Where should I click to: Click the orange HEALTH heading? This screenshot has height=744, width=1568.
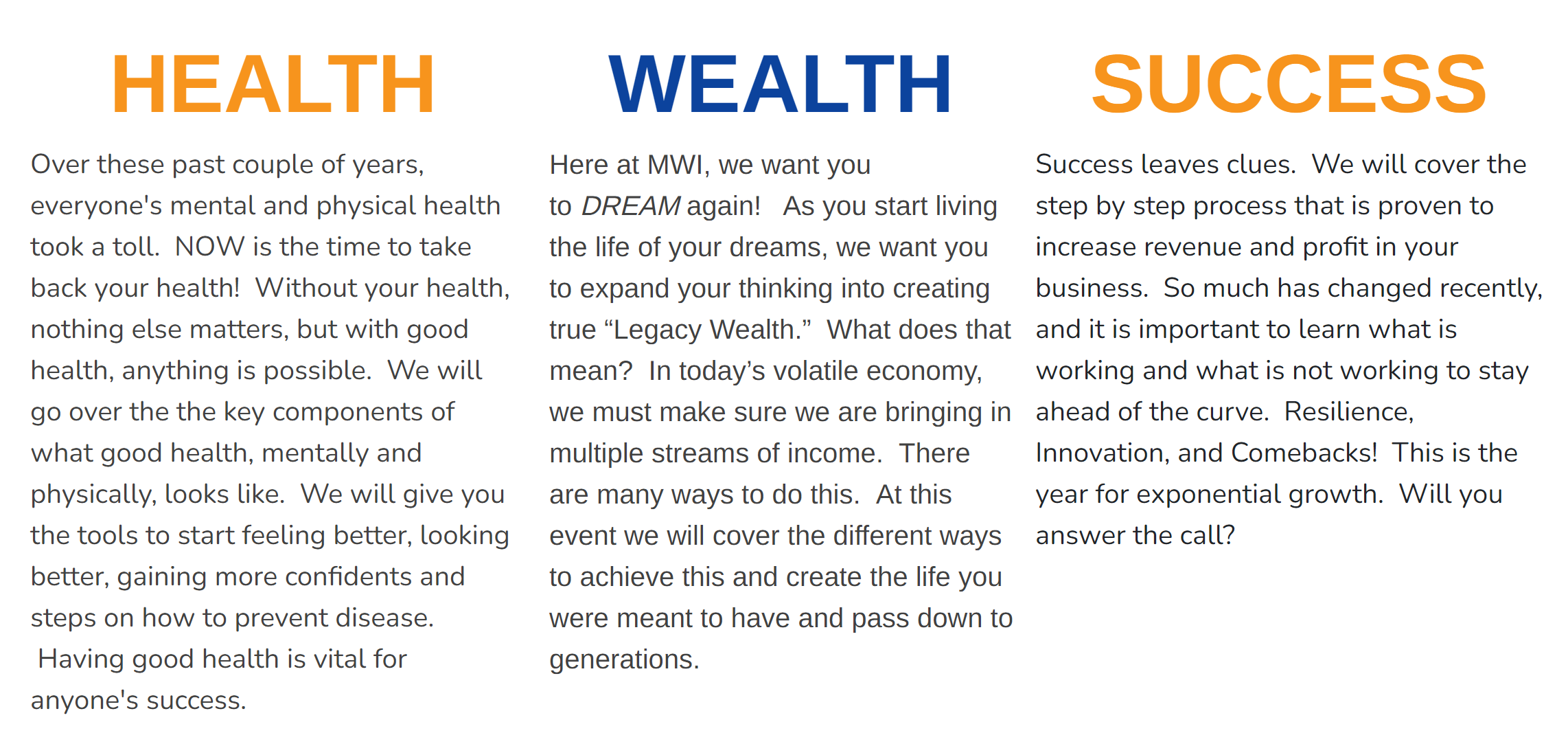click(x=273, y=84)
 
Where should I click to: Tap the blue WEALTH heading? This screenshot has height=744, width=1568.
click(x=780, y=84)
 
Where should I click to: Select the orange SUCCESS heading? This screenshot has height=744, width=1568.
click(x=1289, y=84)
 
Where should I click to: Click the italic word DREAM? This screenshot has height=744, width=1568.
click(x=631, y=206)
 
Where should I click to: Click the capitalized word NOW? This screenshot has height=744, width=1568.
click(x=210, y=247)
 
